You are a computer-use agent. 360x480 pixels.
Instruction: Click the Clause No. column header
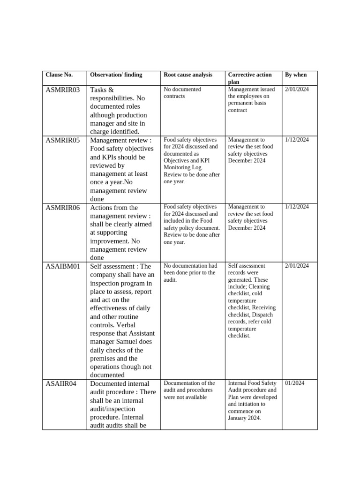tap(59, 75)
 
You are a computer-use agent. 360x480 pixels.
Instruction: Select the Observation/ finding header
tap(116, 75)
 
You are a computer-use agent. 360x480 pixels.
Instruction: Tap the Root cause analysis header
tap(187, 75)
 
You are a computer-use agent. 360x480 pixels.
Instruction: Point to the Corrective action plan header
tap(249, 78)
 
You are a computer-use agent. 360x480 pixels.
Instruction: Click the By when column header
tap(296, 75)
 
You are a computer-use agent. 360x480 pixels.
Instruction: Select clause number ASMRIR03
tap(63, 90)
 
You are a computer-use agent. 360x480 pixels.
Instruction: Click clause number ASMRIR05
tap(63, 140)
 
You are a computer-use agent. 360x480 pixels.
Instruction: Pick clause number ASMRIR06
tap(63, 208)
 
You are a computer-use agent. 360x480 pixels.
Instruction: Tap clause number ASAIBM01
tap(63, 266)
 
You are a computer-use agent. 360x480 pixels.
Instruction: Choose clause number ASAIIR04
tap(61, 384)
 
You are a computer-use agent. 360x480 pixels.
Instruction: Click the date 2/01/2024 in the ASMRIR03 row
tap(297, 89)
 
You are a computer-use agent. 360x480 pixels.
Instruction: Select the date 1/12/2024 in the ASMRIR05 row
tap(297, 140)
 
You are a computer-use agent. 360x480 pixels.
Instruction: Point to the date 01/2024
tap(294, 383)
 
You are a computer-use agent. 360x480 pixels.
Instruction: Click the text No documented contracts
tap(182, 92)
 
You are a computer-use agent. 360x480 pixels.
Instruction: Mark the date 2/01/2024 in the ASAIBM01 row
tap(297, 266)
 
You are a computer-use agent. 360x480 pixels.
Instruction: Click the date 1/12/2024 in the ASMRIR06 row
tap(297, 207)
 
